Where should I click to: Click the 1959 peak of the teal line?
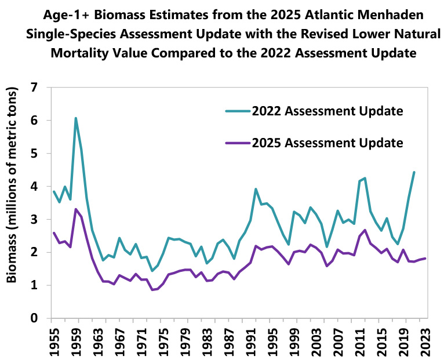75,118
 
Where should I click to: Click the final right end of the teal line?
414,172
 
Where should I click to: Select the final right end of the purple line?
425,259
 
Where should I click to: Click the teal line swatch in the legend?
234,111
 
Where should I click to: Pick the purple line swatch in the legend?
234,143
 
